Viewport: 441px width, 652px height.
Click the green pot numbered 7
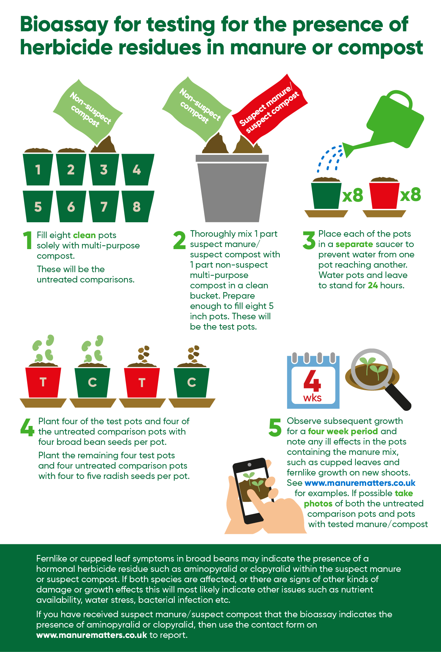click(x=104, y=206)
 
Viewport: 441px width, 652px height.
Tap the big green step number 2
click(x=180, y=240)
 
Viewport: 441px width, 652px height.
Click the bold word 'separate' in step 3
click(x=354, y=244)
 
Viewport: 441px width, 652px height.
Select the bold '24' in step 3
click(x=373, y=285)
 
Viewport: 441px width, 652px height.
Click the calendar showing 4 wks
click(x=313, y=381)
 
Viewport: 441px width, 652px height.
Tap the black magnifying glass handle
click(x=398, y=397)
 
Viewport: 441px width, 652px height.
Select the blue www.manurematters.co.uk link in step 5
click(x=360, y=483)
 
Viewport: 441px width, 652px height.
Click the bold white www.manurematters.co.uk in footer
click(x=92, y=635)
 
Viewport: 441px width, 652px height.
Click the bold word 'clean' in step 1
click(x=84, y=235)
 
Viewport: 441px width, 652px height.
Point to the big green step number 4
click(x=27, y=427)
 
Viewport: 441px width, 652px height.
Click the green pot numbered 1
click(x=38, y=169)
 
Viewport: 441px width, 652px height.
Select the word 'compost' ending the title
click(x=380, y=48)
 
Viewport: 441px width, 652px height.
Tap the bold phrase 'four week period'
click(x=343, y=431)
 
